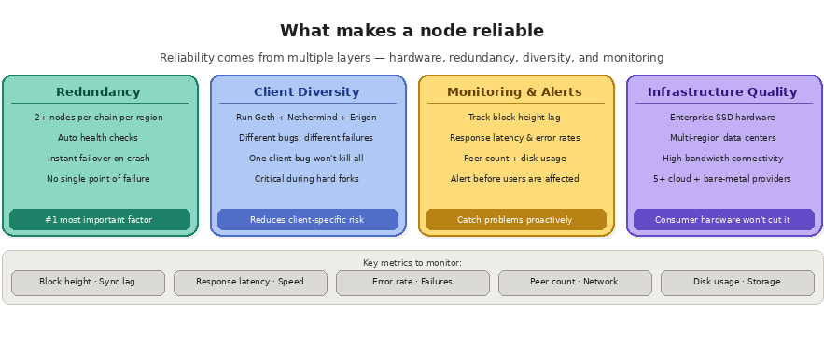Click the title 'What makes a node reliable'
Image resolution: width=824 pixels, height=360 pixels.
(x=412, y=31)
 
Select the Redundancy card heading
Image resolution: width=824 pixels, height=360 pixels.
(x=98, y=92)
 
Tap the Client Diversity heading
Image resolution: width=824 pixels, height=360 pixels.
(x=306, y=92)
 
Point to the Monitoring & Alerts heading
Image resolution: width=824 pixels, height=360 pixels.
(x=514, y=92)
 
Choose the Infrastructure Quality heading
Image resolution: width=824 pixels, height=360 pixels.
(x=722, y=92)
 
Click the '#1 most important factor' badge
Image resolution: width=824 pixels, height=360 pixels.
(x=98, y=220)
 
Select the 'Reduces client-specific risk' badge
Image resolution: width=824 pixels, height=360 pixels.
(x=306, y=220)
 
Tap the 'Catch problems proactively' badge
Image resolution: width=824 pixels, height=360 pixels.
(x=514, y=220)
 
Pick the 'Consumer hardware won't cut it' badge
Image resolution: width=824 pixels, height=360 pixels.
(x=722, y=220)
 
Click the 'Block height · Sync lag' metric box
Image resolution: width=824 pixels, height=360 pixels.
(x=87, y=282)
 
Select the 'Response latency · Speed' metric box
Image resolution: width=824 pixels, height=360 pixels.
(x=250, y=282)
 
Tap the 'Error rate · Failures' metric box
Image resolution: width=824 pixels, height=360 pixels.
(x=412, y=282)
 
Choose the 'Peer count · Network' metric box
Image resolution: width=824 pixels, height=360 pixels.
(x=575, y=282)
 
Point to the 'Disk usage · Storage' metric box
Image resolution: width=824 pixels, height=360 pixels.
(x=737, y=282)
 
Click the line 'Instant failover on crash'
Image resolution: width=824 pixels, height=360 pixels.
(x=98, y=159)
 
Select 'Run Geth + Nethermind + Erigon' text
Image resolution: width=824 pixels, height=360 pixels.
(x=306, y=118)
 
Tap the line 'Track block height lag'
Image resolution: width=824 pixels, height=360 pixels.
(x=514, y=118)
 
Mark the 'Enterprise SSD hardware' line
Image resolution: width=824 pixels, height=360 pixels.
(x=722, y=118)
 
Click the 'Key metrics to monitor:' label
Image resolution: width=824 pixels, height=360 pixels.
(x=412, y=263)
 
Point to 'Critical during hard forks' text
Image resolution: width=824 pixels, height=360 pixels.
(x=306, y=179)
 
